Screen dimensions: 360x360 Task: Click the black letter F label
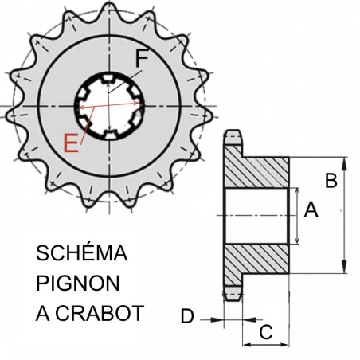point(142,58)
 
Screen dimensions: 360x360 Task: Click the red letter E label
point(71,143)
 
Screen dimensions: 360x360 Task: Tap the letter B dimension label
point(331,181)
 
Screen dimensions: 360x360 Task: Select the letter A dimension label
point(311,209)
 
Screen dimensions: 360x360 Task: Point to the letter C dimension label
point(266,332)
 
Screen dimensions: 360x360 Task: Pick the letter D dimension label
point(187,316)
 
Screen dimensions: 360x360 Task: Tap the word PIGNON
point(78,284)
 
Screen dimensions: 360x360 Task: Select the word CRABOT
point(100,314)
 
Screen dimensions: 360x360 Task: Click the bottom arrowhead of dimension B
point(344,267)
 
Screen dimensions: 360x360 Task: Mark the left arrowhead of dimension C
point(247,345)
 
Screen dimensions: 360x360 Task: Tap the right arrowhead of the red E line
point(136,103)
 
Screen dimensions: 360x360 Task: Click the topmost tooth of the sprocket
point(109,10)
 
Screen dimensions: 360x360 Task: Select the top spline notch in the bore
point(108,78)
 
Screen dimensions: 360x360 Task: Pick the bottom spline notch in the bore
point(110,135)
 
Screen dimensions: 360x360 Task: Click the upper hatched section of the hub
point(256,172)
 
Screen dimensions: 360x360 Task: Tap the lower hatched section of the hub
point(256,259)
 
